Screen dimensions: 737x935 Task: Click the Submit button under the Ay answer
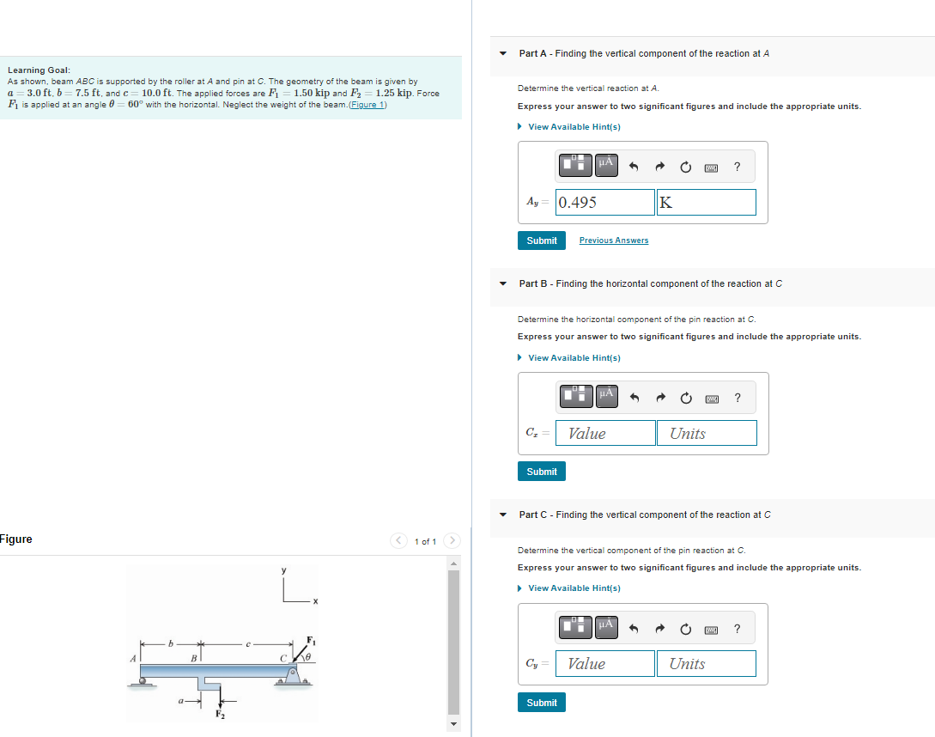(541, 241)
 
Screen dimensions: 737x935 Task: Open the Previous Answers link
(613, 241)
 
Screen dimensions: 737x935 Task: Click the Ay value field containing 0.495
(604, 203)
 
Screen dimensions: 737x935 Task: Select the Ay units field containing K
(706, 203)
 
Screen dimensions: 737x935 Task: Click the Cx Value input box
(605, 434)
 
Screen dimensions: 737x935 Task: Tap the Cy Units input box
(706, 664)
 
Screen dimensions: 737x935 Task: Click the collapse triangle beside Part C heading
(504, 515)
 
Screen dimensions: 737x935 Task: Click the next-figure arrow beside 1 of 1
(452, 541)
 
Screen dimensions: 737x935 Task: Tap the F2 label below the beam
(219, 715)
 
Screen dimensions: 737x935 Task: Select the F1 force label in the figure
(311, 641)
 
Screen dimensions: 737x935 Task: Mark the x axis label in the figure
(315, 601)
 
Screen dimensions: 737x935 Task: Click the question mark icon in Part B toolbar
(738, 398)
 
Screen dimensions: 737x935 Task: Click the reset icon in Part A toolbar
(685, 167)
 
